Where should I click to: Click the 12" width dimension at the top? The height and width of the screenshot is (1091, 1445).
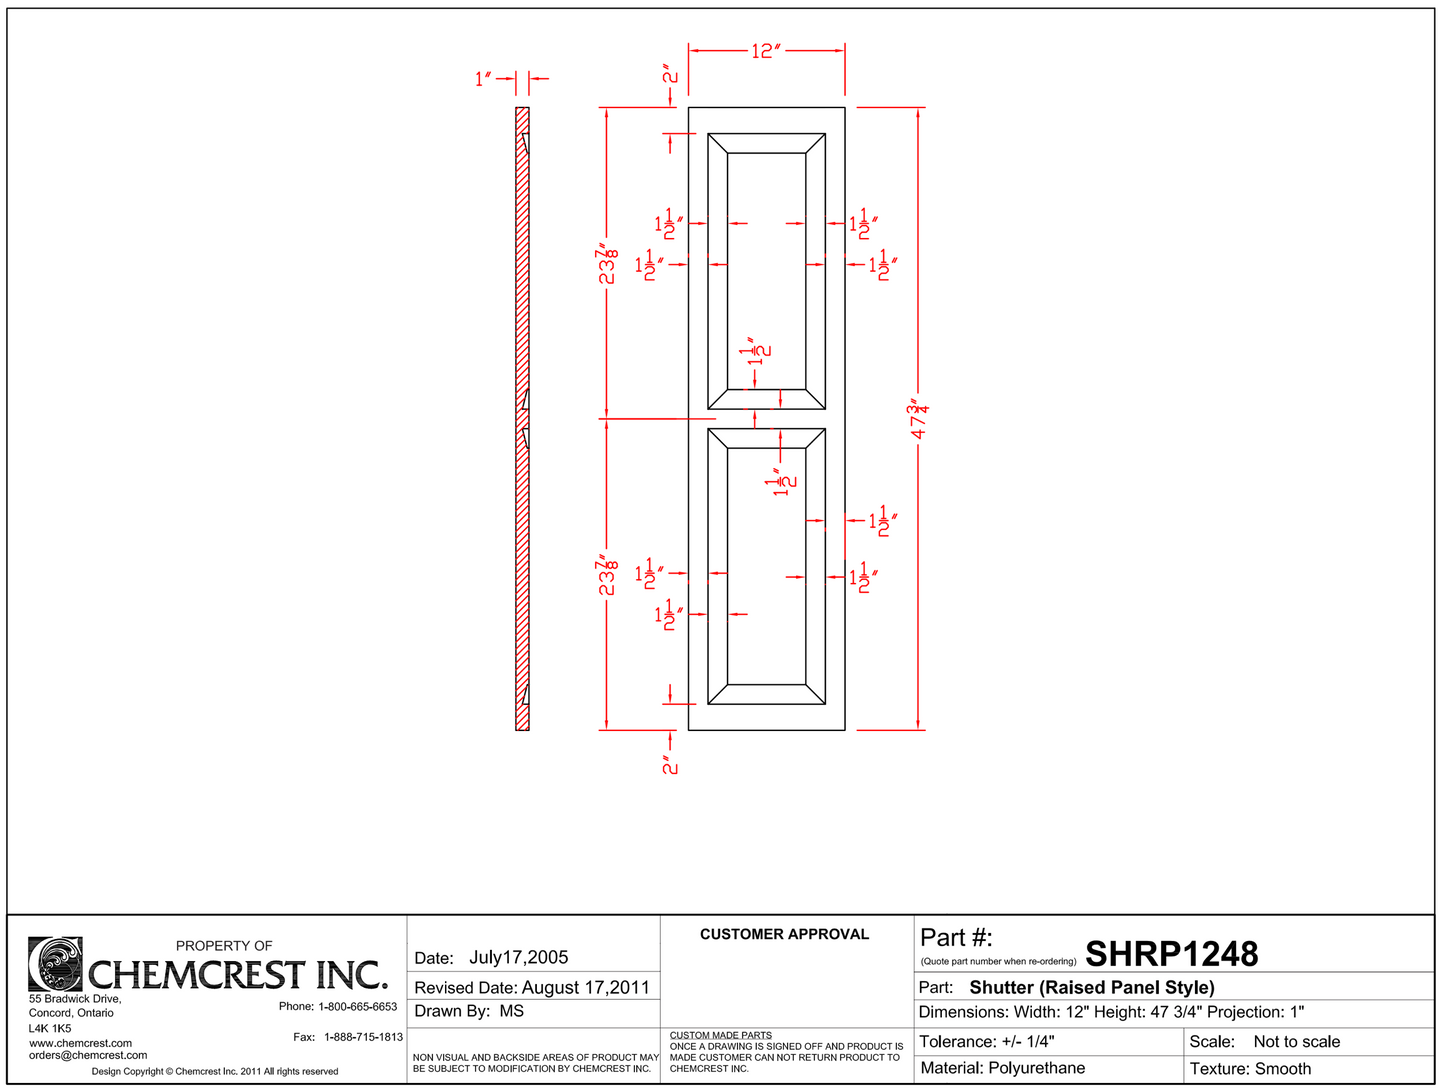click(765, 51)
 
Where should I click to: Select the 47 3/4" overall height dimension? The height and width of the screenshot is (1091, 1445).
click(918, 419)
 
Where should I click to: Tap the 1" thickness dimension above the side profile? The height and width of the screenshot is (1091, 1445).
click(484, 78)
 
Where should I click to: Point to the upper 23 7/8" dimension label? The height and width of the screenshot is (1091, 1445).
click(607, 264)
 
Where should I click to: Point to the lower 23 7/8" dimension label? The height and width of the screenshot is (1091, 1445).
click(607, 575)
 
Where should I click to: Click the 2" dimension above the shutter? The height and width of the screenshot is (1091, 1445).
click(669, 75)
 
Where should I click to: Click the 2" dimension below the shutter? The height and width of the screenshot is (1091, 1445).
click(669, 764)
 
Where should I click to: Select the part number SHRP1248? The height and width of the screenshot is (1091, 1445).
click(1171, 954)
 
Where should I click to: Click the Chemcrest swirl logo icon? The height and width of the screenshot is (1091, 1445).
click(55, 963)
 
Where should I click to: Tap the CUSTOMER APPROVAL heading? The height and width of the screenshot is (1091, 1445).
click(784, 934)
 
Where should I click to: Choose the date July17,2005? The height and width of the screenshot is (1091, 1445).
click(518, 957)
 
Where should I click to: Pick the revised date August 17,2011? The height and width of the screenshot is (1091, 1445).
click(586, 987)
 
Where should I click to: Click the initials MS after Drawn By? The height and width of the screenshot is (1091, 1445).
click(511, 1011)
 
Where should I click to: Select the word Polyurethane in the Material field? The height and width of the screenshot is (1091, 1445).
click(1036, 1068)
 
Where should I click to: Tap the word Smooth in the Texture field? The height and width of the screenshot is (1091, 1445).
click(1283, 1068)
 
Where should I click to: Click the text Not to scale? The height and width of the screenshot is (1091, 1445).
click(1296, 1041)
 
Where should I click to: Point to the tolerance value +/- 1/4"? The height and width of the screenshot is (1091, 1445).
click(1028, 1041)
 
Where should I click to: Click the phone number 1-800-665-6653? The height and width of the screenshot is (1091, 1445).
click(357, 1006)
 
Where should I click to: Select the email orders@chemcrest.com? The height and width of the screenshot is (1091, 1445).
click(88, 1055)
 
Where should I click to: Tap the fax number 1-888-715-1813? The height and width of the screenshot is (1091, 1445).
click(363, 1037)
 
